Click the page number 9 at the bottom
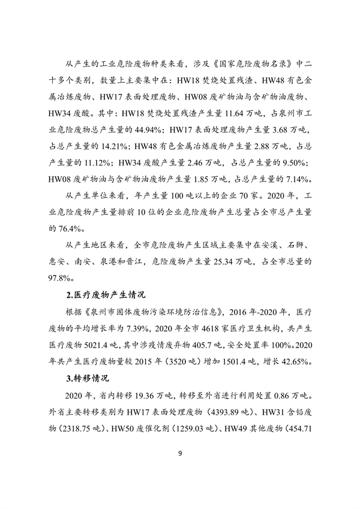point(180,469)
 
